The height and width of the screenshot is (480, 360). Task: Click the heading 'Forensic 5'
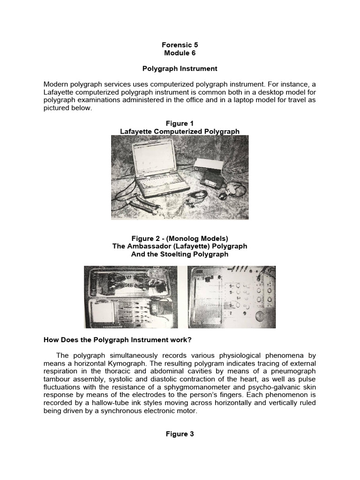[180, 45]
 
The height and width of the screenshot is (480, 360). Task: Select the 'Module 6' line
[180, 53]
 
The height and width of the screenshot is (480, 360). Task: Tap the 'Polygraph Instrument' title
[180, 68]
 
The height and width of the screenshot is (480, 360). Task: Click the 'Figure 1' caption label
[180, 123]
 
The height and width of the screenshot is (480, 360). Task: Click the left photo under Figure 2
[131, 297]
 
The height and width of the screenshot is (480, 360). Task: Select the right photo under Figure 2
[232, 297]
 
